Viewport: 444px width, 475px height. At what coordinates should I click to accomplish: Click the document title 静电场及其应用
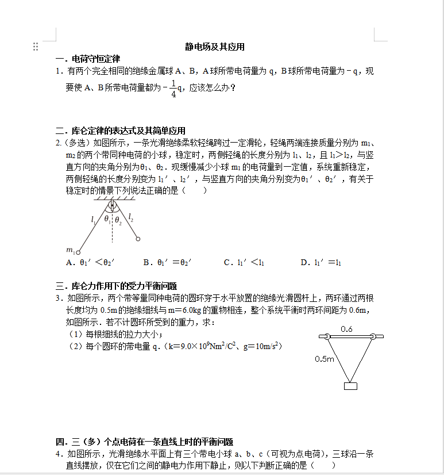click(x=215, y=47)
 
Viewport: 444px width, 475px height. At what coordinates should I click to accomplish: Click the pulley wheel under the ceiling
click(x=112, y=204)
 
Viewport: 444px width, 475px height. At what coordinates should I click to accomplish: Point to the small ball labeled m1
click(x=78, y=252)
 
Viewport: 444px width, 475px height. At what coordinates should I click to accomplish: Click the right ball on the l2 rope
click(x=137, y=239)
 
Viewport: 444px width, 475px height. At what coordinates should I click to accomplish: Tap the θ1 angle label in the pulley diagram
click(x=107, y=219)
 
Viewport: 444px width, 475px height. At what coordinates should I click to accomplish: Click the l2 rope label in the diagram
click(x=131, y=217)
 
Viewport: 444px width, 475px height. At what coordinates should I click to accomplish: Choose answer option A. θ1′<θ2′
click(x=90, y=262)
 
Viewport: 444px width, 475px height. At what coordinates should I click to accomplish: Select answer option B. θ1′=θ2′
click(x=167, y=262)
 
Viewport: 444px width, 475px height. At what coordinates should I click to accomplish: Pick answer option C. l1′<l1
click(x=244, y=262)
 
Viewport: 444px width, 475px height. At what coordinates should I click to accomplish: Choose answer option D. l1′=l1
click(x=321, y=262)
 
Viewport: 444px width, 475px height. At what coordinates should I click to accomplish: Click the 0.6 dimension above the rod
click(x=346, y=330)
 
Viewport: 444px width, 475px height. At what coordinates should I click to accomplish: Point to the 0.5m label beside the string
click(x=325, y=359)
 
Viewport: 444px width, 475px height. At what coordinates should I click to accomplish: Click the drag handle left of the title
click(x=36, y=47)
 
